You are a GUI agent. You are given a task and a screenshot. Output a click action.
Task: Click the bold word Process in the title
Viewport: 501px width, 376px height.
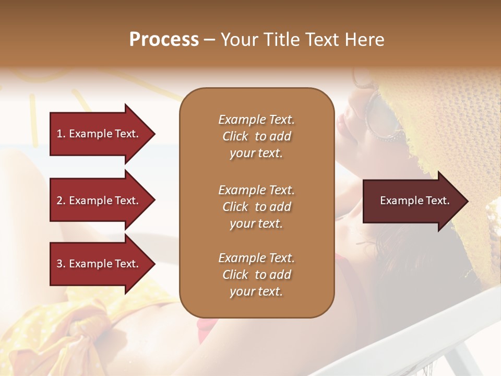pyautogui.click(x=164, y=40)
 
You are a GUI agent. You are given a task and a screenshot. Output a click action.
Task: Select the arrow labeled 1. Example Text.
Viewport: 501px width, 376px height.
pyautogui.click(x=99, y=134)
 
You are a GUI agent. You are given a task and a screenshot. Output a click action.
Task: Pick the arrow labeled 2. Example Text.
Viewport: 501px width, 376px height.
pyautogui.click(x=99, y=201)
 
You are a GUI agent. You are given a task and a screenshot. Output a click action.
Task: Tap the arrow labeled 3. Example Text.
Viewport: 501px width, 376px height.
pyautogui.click(x=99, y=264)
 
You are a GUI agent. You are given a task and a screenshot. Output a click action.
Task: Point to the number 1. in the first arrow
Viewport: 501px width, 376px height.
pyautogui.click(x=61, y=134)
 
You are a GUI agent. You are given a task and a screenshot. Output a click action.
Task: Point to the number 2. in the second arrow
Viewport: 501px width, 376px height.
pyautogui.click(x=61, y=201)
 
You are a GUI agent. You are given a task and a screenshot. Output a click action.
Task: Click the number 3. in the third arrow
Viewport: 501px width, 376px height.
pyautogui.click(x=61, y=264)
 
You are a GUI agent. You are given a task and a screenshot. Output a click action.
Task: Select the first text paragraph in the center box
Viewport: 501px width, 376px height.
pyautogui.click(x=256, y=136)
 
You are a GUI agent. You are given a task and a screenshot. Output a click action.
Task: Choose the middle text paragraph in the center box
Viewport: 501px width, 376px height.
pyautogui.click(x=256, y=206)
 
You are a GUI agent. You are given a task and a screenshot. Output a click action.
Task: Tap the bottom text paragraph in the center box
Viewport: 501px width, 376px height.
pyautogui.click(x=256, y=275)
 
